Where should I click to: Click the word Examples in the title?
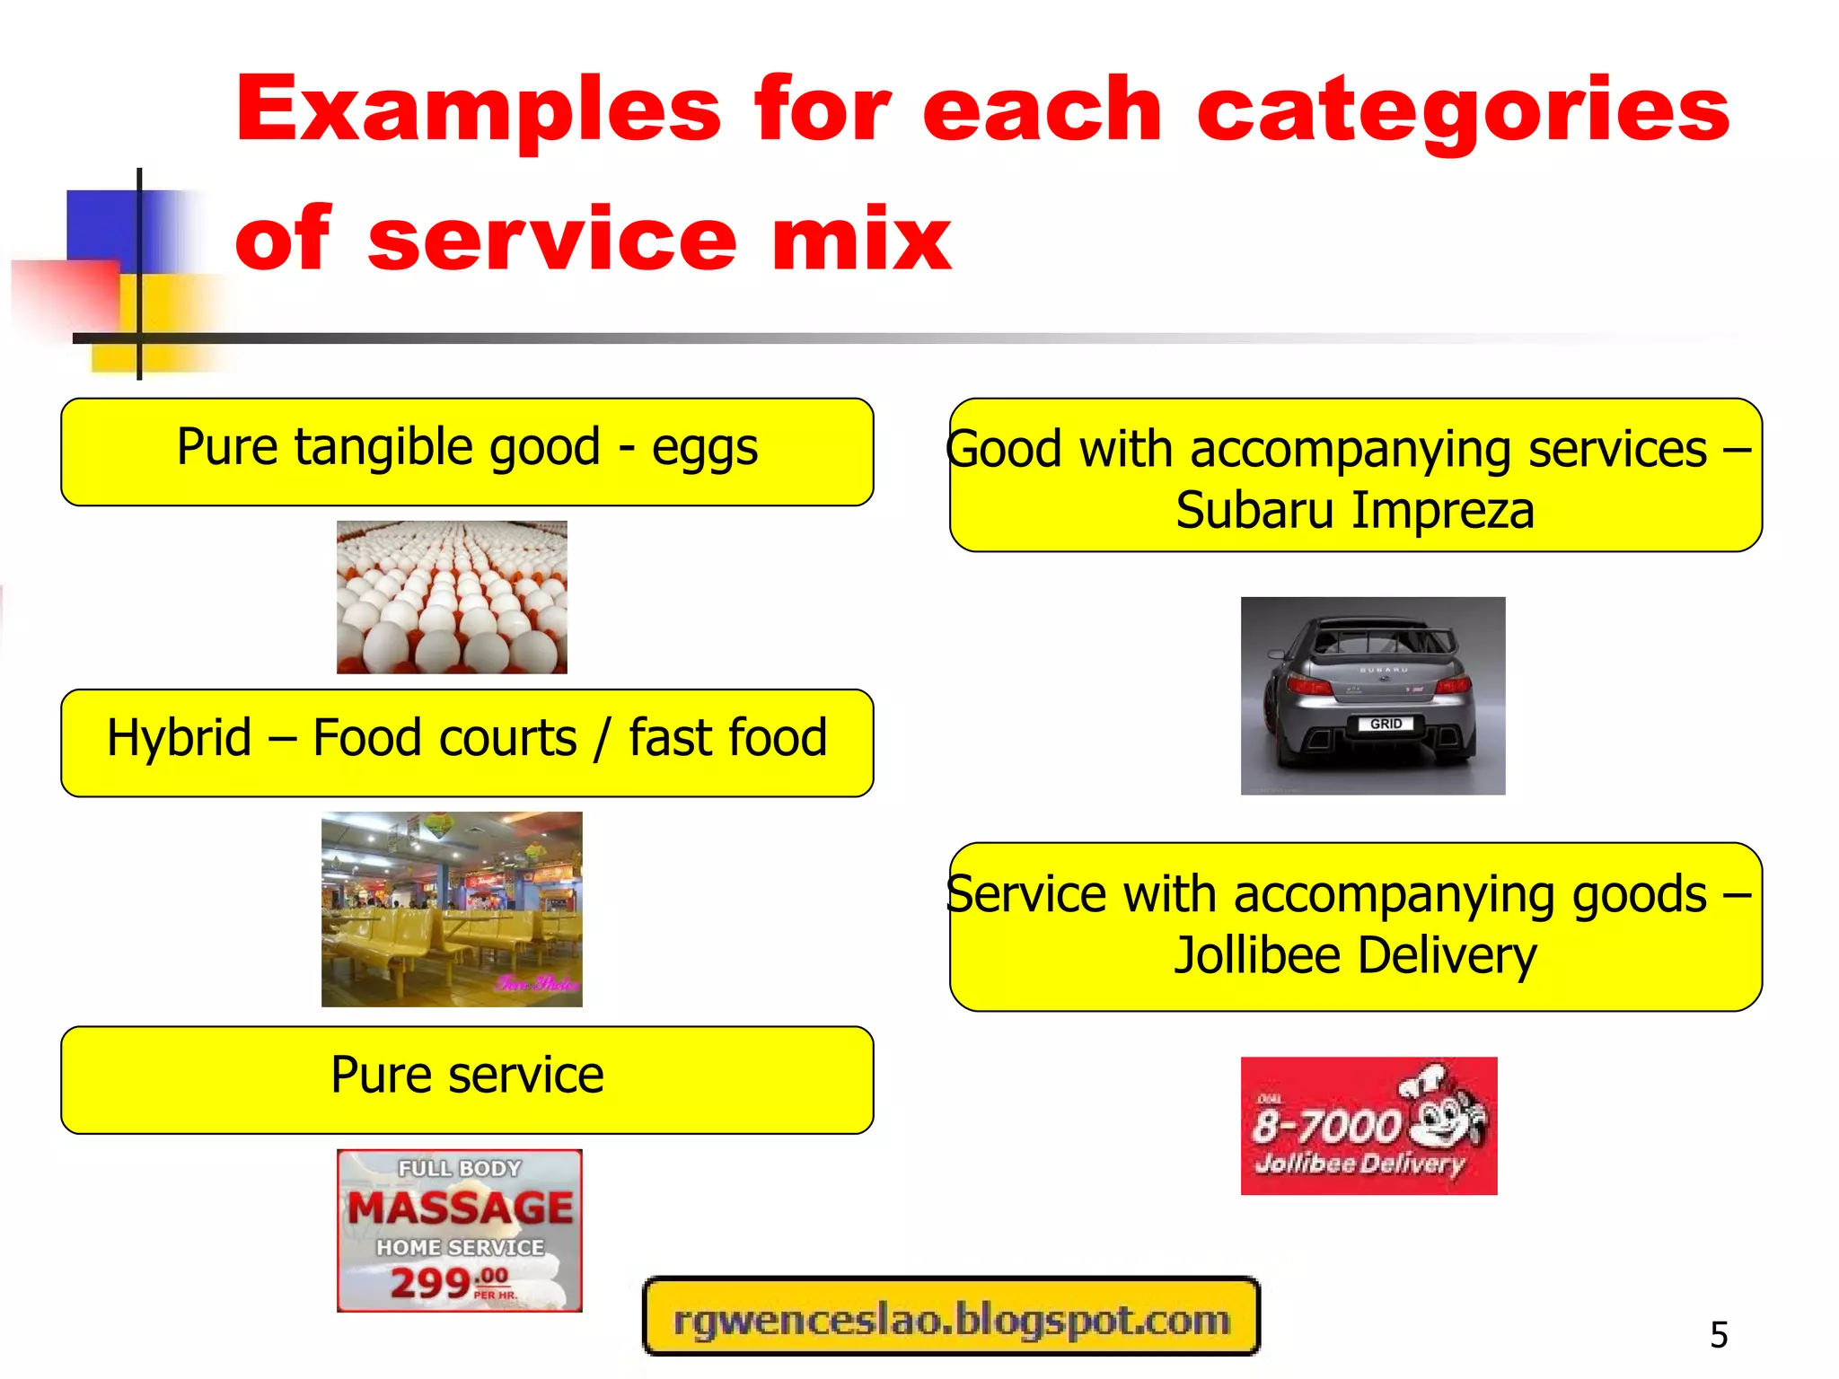coord(478,110)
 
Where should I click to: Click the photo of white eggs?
coord(452,597)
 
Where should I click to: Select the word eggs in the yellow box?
coord(705,448)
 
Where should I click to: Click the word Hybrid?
coord(179,738)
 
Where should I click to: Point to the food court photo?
coord(452,909)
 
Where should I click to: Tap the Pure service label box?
coord(467,1079)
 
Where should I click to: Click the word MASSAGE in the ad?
coord(460,1208)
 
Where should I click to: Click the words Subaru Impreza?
coord(1355,511)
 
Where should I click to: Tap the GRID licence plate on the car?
coord(1386,724)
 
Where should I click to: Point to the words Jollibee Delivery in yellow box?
coord(1355,955)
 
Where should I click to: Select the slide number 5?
coord(1719,1335)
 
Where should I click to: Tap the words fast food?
coord(727,738)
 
